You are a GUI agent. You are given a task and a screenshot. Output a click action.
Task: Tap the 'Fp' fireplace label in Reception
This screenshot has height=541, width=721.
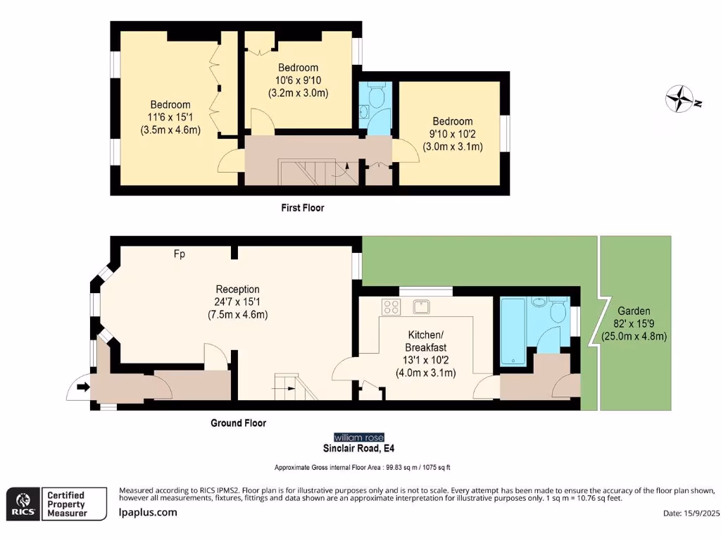coord(180,254)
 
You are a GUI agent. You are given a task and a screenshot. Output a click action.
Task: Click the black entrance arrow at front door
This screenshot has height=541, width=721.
coord(84,386)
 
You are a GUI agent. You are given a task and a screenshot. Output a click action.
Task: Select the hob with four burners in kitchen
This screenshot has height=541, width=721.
coord(391,306)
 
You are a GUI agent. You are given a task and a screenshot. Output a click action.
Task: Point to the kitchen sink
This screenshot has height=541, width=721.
coord(422,306)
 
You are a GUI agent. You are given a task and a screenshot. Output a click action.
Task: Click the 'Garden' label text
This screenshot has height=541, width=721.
coord(634,311)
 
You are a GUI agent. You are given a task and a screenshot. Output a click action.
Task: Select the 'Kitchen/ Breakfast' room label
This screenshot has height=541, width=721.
coord(425,341)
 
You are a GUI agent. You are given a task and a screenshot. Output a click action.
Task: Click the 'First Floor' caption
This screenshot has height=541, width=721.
coord(301,208)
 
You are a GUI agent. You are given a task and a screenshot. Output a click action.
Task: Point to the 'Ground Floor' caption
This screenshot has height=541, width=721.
coord(239,423)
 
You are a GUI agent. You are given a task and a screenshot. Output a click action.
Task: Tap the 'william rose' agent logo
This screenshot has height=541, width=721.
coord(359,437)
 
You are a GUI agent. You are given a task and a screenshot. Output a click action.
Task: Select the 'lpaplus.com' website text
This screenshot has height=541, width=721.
coord(148,512)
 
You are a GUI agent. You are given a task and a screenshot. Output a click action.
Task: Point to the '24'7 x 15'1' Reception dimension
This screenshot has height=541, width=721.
coord(238,301)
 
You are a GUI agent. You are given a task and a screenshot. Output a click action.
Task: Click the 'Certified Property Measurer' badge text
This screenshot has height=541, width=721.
coord(65,504)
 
